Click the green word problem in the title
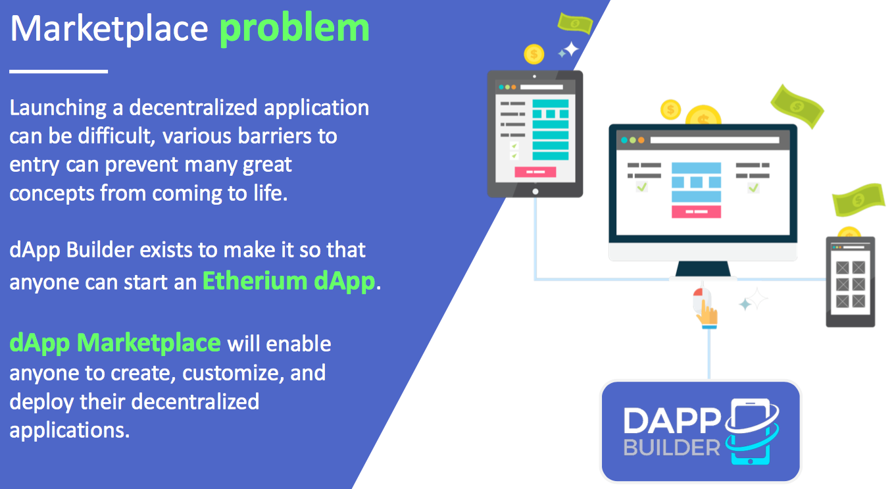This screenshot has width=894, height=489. [x=295, y=30]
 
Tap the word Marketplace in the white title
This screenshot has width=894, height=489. [x=109, y=29]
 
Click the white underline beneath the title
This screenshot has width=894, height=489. [x=59, y=72]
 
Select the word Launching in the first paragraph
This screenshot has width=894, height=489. [x=58, y=109]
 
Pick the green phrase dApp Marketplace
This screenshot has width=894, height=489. [x=115, y=344]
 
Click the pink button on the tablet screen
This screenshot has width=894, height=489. [x=535, y=172]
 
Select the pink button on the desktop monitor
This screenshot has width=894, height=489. [x=696, y=211]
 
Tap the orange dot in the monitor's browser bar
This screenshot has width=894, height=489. [x=641, y=140]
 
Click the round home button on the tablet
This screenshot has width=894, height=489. [x=535, y=192]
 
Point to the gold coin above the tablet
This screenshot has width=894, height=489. [x=534, y=54]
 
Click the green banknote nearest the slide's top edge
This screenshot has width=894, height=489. [x=575, y=23]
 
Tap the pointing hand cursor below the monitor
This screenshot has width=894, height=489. [x=707, y=312]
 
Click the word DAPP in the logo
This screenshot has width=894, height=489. [x=672, y=421]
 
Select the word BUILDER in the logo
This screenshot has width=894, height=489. [x=672, y=448]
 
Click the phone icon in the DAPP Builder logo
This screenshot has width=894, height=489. [x=751, y=431]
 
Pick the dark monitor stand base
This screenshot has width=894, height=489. [x=703, y=269]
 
